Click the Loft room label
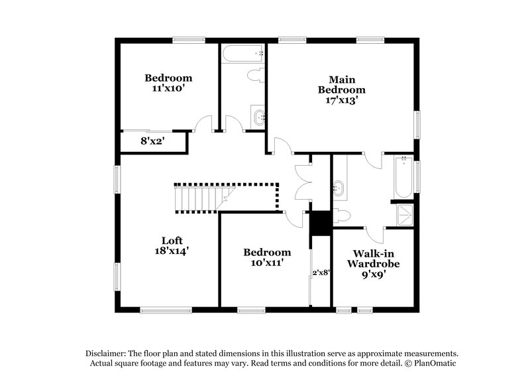point(172,241)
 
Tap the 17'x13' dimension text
point(341,100)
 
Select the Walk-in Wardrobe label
point(373,259)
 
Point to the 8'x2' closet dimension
point(152,141)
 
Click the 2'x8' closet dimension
point(321,273)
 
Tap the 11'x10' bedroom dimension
point(168,88)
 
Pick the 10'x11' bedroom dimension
point(267,262)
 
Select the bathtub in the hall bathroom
point(242,54)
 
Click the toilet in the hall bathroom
point(256,76)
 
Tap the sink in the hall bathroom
point(259,117)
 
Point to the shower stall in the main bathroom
point(405,215)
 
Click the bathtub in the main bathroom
point(403,177)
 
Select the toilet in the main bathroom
point(342,216)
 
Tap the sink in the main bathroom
point(339,188)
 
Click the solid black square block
point(321,224)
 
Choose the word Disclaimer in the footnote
point(105,354)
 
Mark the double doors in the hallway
point(303,183)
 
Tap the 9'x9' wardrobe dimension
point(374,275)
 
